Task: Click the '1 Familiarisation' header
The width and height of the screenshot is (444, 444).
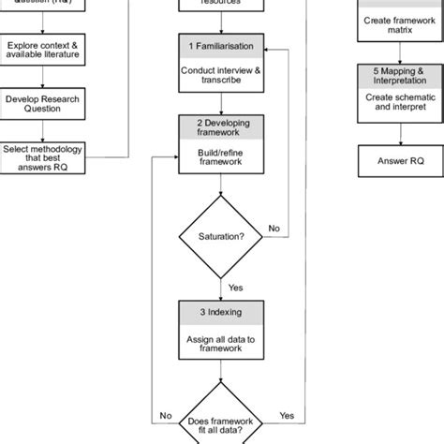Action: (220, 45)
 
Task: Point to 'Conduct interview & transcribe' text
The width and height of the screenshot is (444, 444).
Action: (220, 74)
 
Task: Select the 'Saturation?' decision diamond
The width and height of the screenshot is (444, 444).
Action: (220, 236)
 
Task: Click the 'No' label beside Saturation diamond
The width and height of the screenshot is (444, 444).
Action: (274, 228)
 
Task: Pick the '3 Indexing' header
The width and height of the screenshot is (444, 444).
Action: (220, 310)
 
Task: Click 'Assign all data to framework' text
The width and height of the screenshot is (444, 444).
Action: (220, 342)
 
